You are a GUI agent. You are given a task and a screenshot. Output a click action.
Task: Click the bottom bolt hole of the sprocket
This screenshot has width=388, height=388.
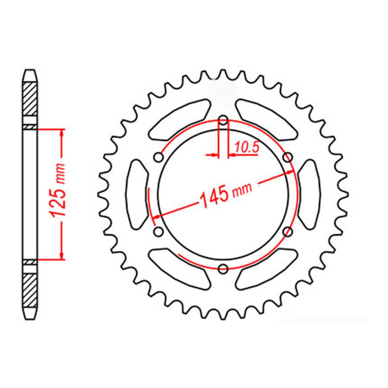pyautogui.click(x=223, y=268)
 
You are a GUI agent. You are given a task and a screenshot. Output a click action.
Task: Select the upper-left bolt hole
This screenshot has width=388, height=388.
pyautogui.click(x=159, y=157)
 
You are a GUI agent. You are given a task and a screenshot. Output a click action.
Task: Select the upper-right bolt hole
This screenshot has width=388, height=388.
pyautogui.click(x=288, y=157)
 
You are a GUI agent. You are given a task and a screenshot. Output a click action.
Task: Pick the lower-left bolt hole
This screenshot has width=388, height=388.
pyautogui.click(x=159, y=231)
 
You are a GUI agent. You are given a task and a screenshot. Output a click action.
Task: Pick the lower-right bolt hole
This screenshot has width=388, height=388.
pyautogui.click(x=288, y=231)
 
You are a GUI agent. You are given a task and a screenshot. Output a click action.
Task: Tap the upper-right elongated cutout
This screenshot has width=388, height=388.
pyautogui.click(x=267, y=120)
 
